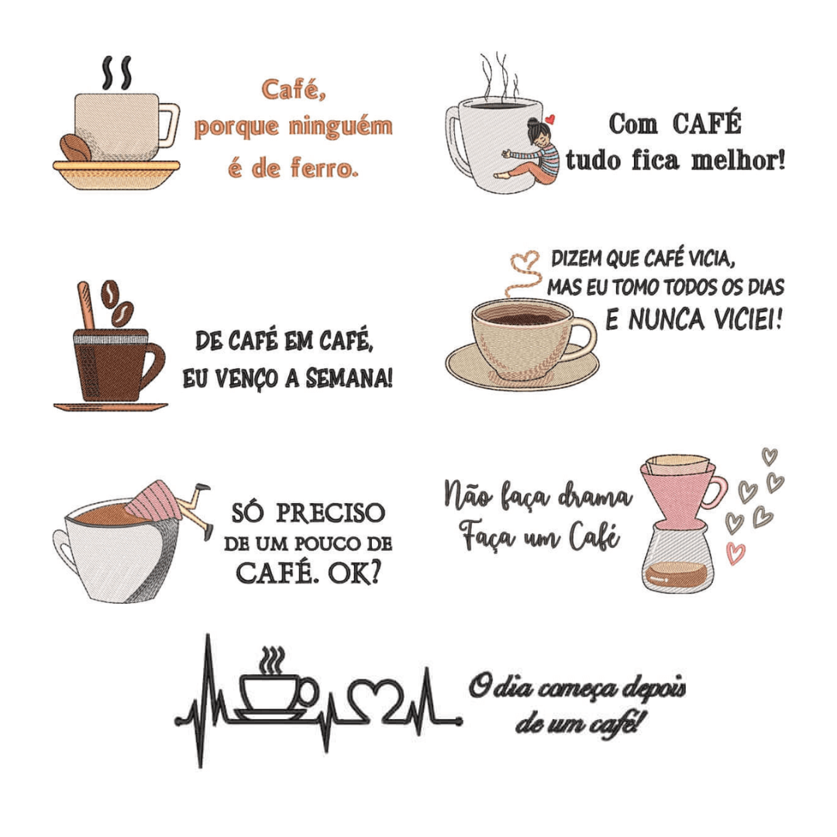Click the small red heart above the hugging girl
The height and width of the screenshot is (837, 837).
(x=550, y=119)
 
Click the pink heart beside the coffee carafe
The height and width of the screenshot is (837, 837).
(x=735, y=552)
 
